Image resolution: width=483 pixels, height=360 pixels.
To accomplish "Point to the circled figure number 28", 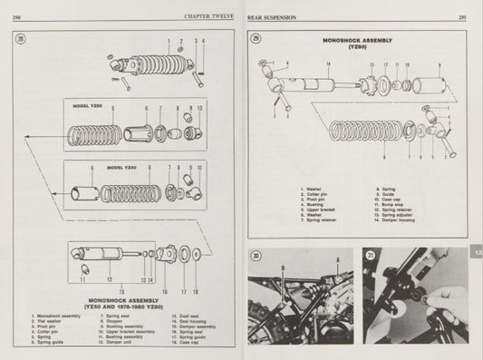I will click(x=22, y=37).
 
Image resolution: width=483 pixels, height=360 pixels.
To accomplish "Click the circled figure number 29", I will click(x=256, y=39).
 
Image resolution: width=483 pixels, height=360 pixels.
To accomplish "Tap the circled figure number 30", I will click(x=256, y=256).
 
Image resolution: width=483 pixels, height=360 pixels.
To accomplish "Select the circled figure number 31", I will click(x=371, y=256).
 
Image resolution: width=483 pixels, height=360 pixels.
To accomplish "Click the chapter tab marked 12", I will click(x=477, y=256).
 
